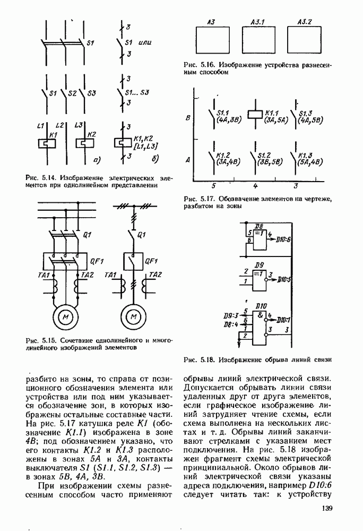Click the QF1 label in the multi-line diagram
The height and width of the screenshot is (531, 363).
coord(97,260)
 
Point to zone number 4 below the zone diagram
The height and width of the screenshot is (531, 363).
coord(255,186)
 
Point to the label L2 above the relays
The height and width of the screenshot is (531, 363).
coord(59,125)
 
